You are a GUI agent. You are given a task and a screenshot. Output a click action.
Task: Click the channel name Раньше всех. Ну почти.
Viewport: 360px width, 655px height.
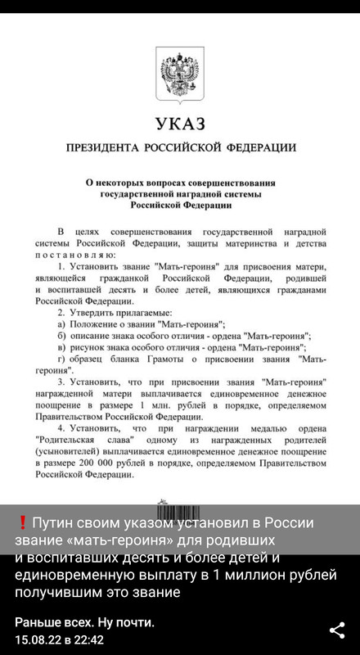(85, 622)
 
